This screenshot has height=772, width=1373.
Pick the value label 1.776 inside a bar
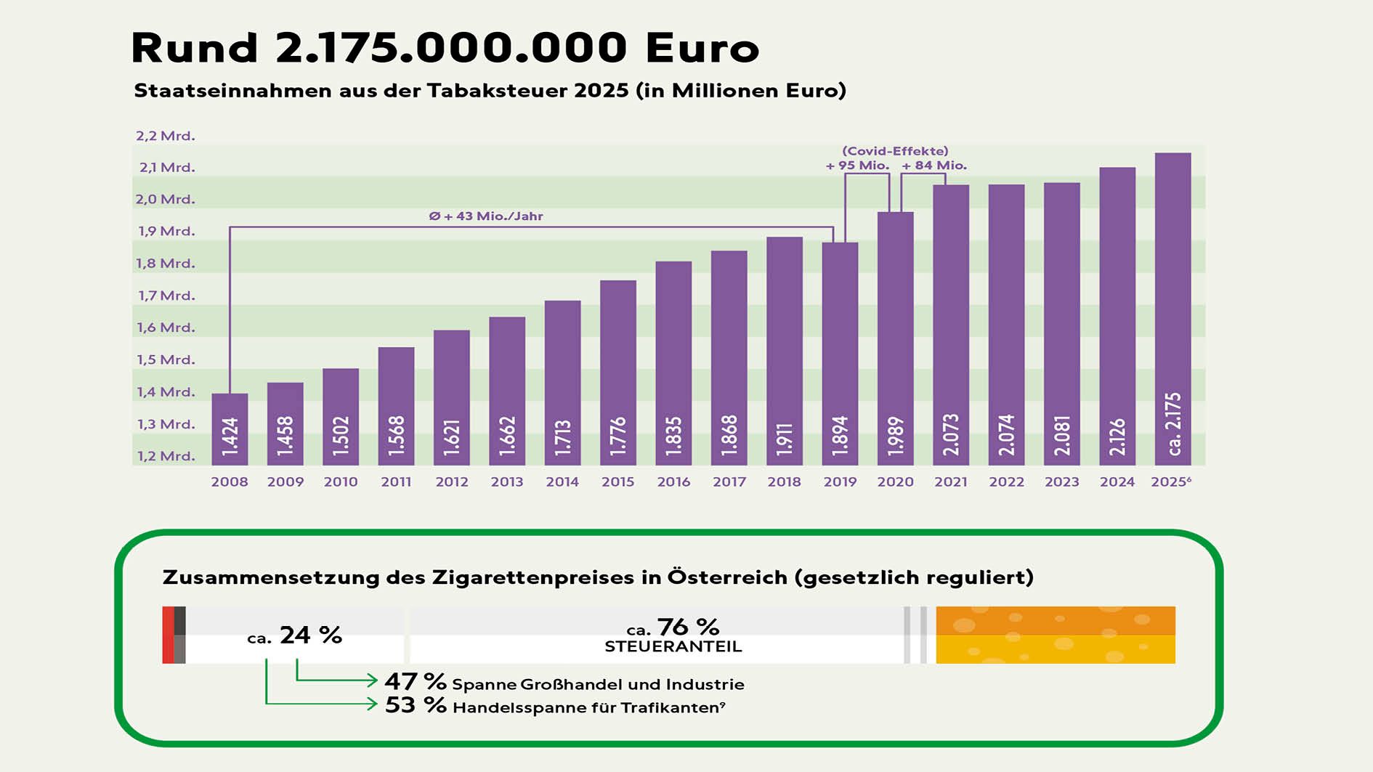click(618, 436)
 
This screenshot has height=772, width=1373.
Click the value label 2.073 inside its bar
click(951, 434)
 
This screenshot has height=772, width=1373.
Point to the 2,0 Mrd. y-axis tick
click(166, 199)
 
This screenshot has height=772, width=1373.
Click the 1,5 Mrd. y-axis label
click(166, 359)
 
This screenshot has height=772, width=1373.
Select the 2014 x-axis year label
click(562, 482)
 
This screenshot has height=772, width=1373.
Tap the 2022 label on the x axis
click(1006, 482)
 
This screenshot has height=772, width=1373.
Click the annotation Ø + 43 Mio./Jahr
click(486, 216)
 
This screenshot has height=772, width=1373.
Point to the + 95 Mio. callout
click(857, 166)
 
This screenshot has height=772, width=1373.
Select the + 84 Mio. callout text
click(934, 166)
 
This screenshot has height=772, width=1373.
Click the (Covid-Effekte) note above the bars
click(895, 151)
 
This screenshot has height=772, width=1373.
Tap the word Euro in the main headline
click(702, 48)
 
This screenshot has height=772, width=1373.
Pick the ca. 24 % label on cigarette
click(295, 635)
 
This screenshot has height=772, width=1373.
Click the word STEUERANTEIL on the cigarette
click(673, 646)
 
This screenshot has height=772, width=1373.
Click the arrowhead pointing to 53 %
click(373, 704)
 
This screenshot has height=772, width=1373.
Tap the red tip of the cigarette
click(168, 635)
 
